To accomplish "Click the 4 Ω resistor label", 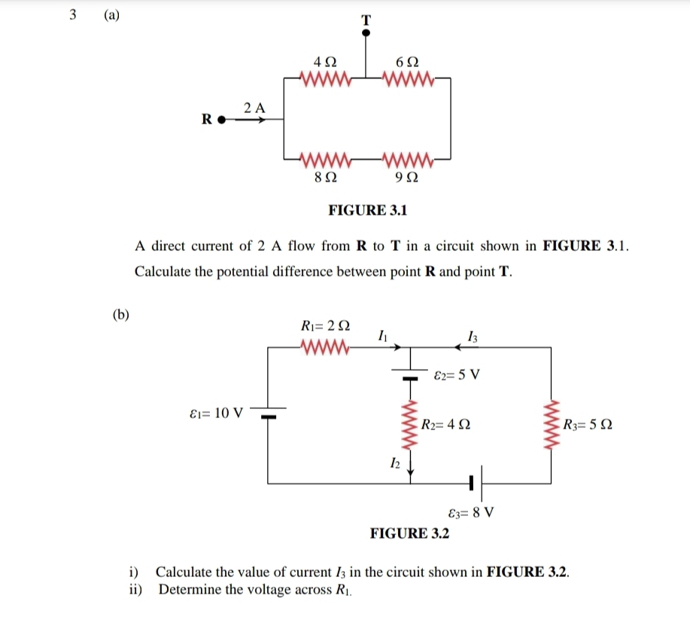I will [324, 61].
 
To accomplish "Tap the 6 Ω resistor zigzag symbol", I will [407, 78].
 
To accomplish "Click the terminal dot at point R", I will [221, 119].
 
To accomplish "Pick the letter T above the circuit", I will [366, 21].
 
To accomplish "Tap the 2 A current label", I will [255, 107].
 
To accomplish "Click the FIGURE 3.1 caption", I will [368, 210].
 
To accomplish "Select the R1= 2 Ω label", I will [324, 326].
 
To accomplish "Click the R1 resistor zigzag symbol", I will [324, 347].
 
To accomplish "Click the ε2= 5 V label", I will [457, 374].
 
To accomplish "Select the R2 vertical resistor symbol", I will [410, 427].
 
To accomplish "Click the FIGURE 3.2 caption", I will [409, 533].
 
